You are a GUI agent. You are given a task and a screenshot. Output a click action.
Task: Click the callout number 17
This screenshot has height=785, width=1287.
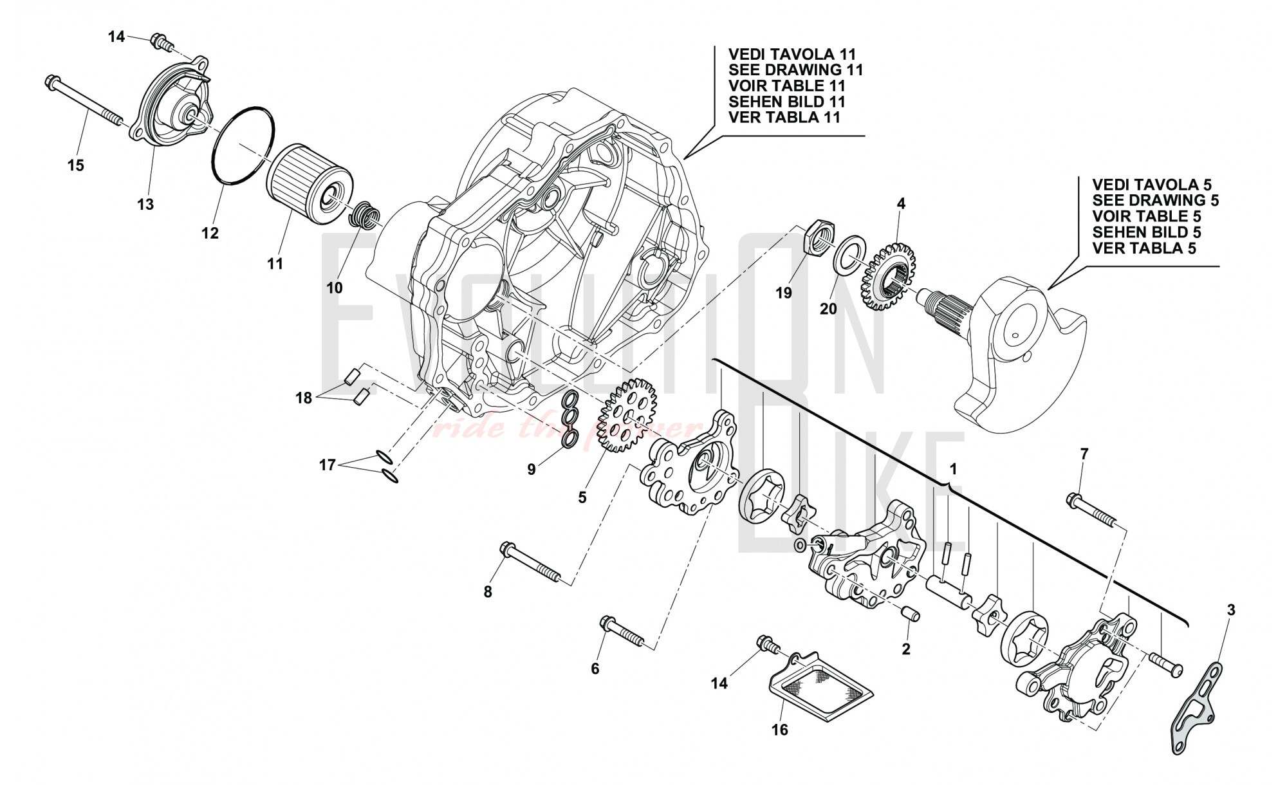coord(328,465)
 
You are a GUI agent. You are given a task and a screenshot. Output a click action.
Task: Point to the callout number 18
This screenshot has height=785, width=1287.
coord(304,398)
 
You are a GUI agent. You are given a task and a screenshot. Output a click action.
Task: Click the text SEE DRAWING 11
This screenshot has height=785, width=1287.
coord(795,70)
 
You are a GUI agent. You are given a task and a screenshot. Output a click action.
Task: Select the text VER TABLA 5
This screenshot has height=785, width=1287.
coord(1144,248)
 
